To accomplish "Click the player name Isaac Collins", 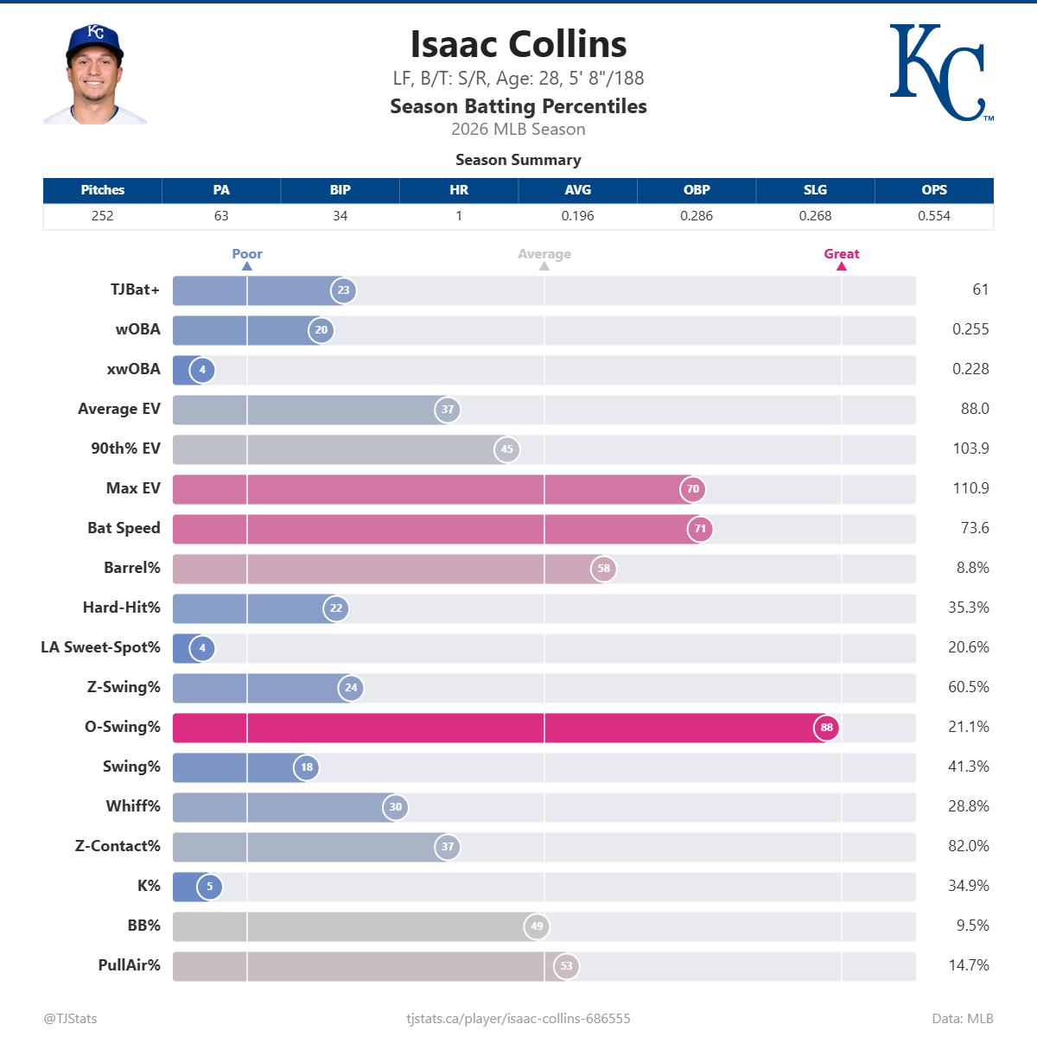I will click(x=518, y=45).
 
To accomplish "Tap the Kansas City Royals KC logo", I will click(x=939, y=73).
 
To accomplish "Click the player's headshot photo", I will click(x=95, y=74).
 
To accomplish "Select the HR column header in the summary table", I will click(x=459, y=190).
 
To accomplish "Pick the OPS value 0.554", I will click(x=933, y=216).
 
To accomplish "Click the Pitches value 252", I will click(x=102, y=216).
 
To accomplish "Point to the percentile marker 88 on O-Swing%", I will click(x=826, y=728).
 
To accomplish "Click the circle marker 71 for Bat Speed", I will click(x=700, y=529).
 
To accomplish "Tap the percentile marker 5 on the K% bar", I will click(x=209, y=887).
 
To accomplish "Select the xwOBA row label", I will click(x=133, y=369).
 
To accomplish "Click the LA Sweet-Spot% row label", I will click(x=100, y=647).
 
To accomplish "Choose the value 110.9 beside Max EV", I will click(x=970, y=488).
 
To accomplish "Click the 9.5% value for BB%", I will click(x=972, y=926).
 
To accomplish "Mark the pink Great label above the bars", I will click(x=841, y=254).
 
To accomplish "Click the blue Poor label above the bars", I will click(x=247, y=254).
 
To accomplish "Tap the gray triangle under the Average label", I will click(x=544, y=266).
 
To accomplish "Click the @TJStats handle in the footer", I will click(x=70, y=1018).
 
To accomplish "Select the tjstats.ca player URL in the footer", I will click(x=518, y=1018).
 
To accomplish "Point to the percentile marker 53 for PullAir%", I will click(x=566, y=966).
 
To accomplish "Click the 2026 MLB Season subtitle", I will click(x=518, y=130).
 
